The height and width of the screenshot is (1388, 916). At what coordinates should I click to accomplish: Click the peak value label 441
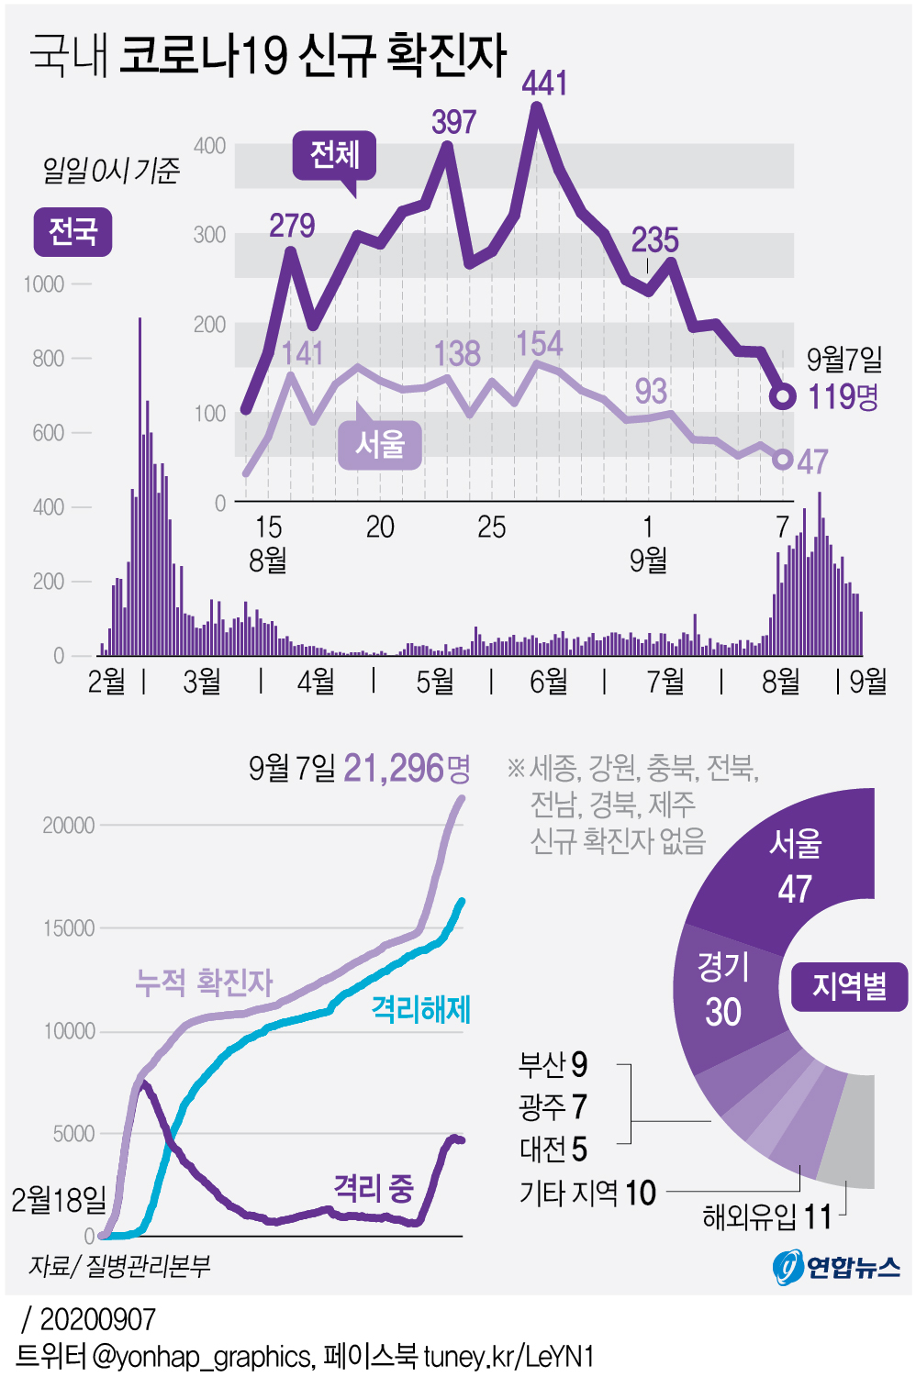[x=544, y=83]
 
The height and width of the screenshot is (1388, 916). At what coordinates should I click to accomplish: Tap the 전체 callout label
[x=335, y=154]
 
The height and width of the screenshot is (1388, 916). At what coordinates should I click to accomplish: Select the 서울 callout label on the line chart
[x=380, y=445]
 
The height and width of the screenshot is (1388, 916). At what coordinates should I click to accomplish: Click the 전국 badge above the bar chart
[x=73, y=231]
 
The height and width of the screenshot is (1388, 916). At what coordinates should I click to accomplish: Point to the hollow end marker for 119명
[x=782, y=396]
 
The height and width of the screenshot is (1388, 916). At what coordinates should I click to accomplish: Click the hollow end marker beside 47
[x=782, y=459]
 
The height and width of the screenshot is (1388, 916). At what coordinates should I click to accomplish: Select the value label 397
[x=454, y=122]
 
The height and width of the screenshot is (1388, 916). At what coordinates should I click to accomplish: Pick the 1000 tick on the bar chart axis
[x=44, y=284]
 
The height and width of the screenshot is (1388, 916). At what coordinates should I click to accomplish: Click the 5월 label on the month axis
[x=435, y=681]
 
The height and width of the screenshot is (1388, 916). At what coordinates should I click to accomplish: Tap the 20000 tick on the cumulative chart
[x=69, y=825]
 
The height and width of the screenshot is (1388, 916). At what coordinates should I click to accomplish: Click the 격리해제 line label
[x=420, y=1009]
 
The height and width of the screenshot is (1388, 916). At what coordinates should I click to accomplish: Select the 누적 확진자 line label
[x=204, y=982]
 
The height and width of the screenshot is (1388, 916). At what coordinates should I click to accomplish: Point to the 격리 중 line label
[x=374, y=1188]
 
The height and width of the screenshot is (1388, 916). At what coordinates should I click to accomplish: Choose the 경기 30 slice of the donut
[x=724, y=991]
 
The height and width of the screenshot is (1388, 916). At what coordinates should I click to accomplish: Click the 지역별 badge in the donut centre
[x=849, y=986]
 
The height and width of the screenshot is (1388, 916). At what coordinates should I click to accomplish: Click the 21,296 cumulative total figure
[x=394, y=768]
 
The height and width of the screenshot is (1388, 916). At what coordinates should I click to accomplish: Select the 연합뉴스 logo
[x=837, y=1267]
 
